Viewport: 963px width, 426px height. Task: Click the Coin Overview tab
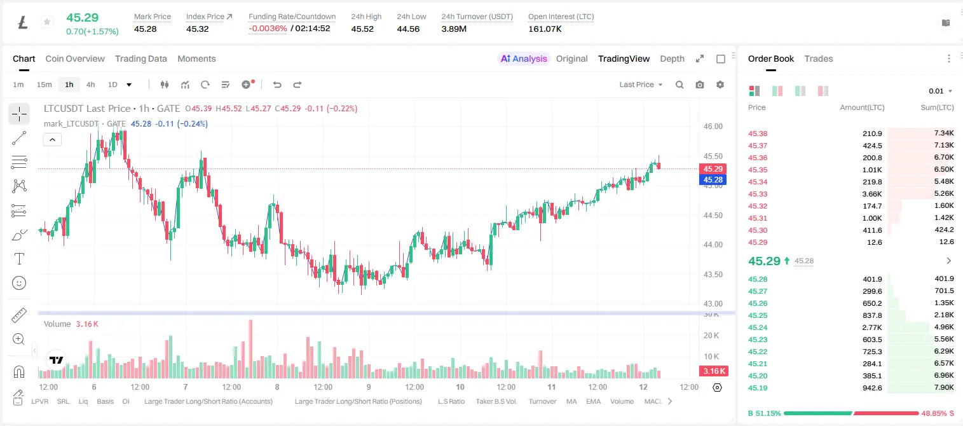[x=75, y=58]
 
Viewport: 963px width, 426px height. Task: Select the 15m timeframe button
[x=44, y=85]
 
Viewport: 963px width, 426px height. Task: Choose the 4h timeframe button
[x=90, y=85]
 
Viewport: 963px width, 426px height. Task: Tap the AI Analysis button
[x=524, y=58]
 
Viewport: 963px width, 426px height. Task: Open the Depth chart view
[x=672, y=58]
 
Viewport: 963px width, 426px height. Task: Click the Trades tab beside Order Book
[x=819, y=58]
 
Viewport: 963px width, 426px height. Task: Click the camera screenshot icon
[x=700, y=85]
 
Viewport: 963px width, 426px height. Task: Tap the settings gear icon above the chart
[x=720, y=85]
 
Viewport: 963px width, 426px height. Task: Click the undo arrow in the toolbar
[x=277, y=85]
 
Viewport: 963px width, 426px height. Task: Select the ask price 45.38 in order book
[x=758, y=134]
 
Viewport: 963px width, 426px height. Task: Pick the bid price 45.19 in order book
[x=758, y=388]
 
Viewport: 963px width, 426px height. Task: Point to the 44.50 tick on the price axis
[x=713, y=216]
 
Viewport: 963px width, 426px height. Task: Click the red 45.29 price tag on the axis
[x=713, y=169]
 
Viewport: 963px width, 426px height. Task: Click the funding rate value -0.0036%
[x=268, y=29]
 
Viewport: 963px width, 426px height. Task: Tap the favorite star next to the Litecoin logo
[x=47, y=22]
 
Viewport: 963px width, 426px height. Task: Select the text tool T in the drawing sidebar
[x=19, y=259]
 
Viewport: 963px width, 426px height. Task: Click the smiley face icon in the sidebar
[x=19, y=283]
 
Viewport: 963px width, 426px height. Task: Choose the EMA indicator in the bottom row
[x=593, y=401]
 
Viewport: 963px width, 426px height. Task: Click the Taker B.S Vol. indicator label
[x=496, y=401]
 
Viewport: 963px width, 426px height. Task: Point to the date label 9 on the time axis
[x=369, y=387]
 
